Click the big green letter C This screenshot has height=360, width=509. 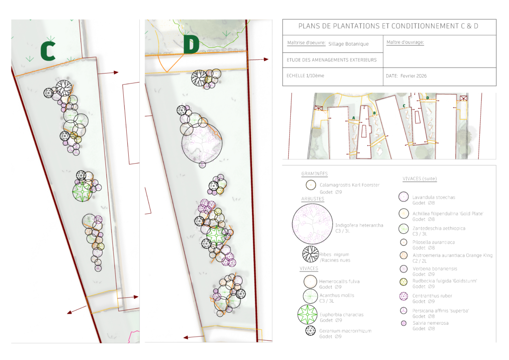point(48,51)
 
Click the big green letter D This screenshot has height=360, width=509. point(191,44)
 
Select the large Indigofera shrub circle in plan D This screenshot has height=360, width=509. point(201,143)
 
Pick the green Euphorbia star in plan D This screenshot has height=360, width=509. point(216,235)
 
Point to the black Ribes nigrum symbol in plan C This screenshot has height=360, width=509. point(64,88)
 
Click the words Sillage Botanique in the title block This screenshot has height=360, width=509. point(348,44)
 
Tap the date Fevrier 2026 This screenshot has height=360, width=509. point(412,76)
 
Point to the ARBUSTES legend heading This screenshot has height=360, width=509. point(313,199)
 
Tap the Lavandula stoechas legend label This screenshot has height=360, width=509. point(433,197)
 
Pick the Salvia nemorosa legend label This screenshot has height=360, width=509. point(430,323)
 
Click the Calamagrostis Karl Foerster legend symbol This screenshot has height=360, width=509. point(311,185)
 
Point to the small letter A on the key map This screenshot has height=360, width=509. point(353,117)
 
